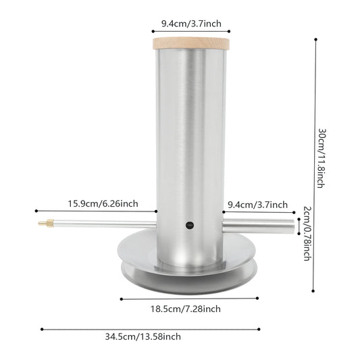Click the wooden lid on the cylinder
[x=191, y=43]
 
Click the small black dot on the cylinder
[x=190, y=225]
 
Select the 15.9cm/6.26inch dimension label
[x=103, y=204]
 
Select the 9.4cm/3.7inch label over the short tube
[x=258, y=204]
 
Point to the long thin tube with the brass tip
[x=101, y=224]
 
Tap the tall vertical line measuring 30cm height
[x=316, y=165]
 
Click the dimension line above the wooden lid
[x=191, y=31]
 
